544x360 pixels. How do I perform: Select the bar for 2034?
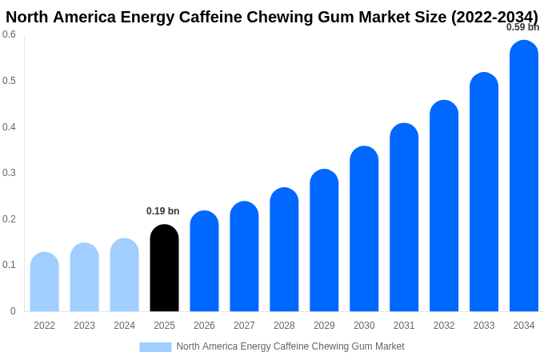point(524,176)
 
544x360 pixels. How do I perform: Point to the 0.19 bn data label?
point(162,211)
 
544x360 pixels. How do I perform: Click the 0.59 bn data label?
point(522,27)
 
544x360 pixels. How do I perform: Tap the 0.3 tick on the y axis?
point(9,173)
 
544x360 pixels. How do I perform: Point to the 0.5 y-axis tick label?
point(9,81)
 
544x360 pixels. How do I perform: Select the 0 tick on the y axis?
point(13,311)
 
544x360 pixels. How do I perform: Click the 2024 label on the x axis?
point(124,326)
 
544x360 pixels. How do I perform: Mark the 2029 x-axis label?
point(324,326)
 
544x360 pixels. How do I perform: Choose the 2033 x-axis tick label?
point(484,326)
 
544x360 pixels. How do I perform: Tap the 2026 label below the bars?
point(204,326)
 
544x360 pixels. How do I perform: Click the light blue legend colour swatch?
point(155,347)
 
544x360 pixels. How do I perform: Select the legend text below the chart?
point(290,346)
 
